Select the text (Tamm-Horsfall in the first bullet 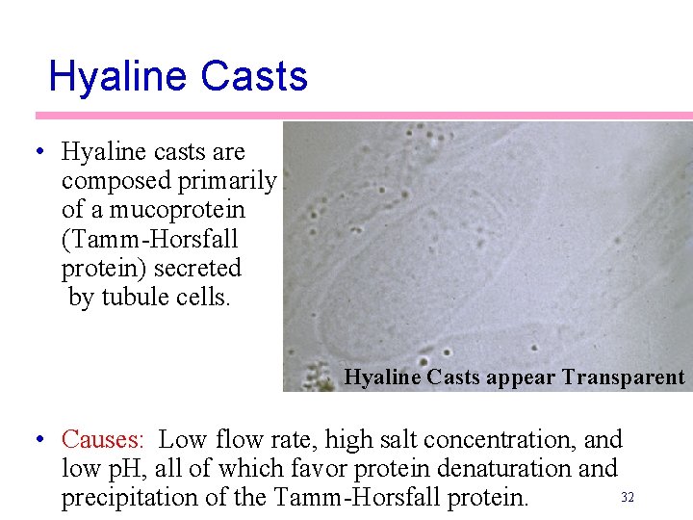pyautogui.click(x=149, y=239)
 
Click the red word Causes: pyautogui.click(x=103, y=440)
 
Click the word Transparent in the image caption pyautogui.click(x=623, y=377)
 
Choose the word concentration pyautogui.click(x=502, y=440)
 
